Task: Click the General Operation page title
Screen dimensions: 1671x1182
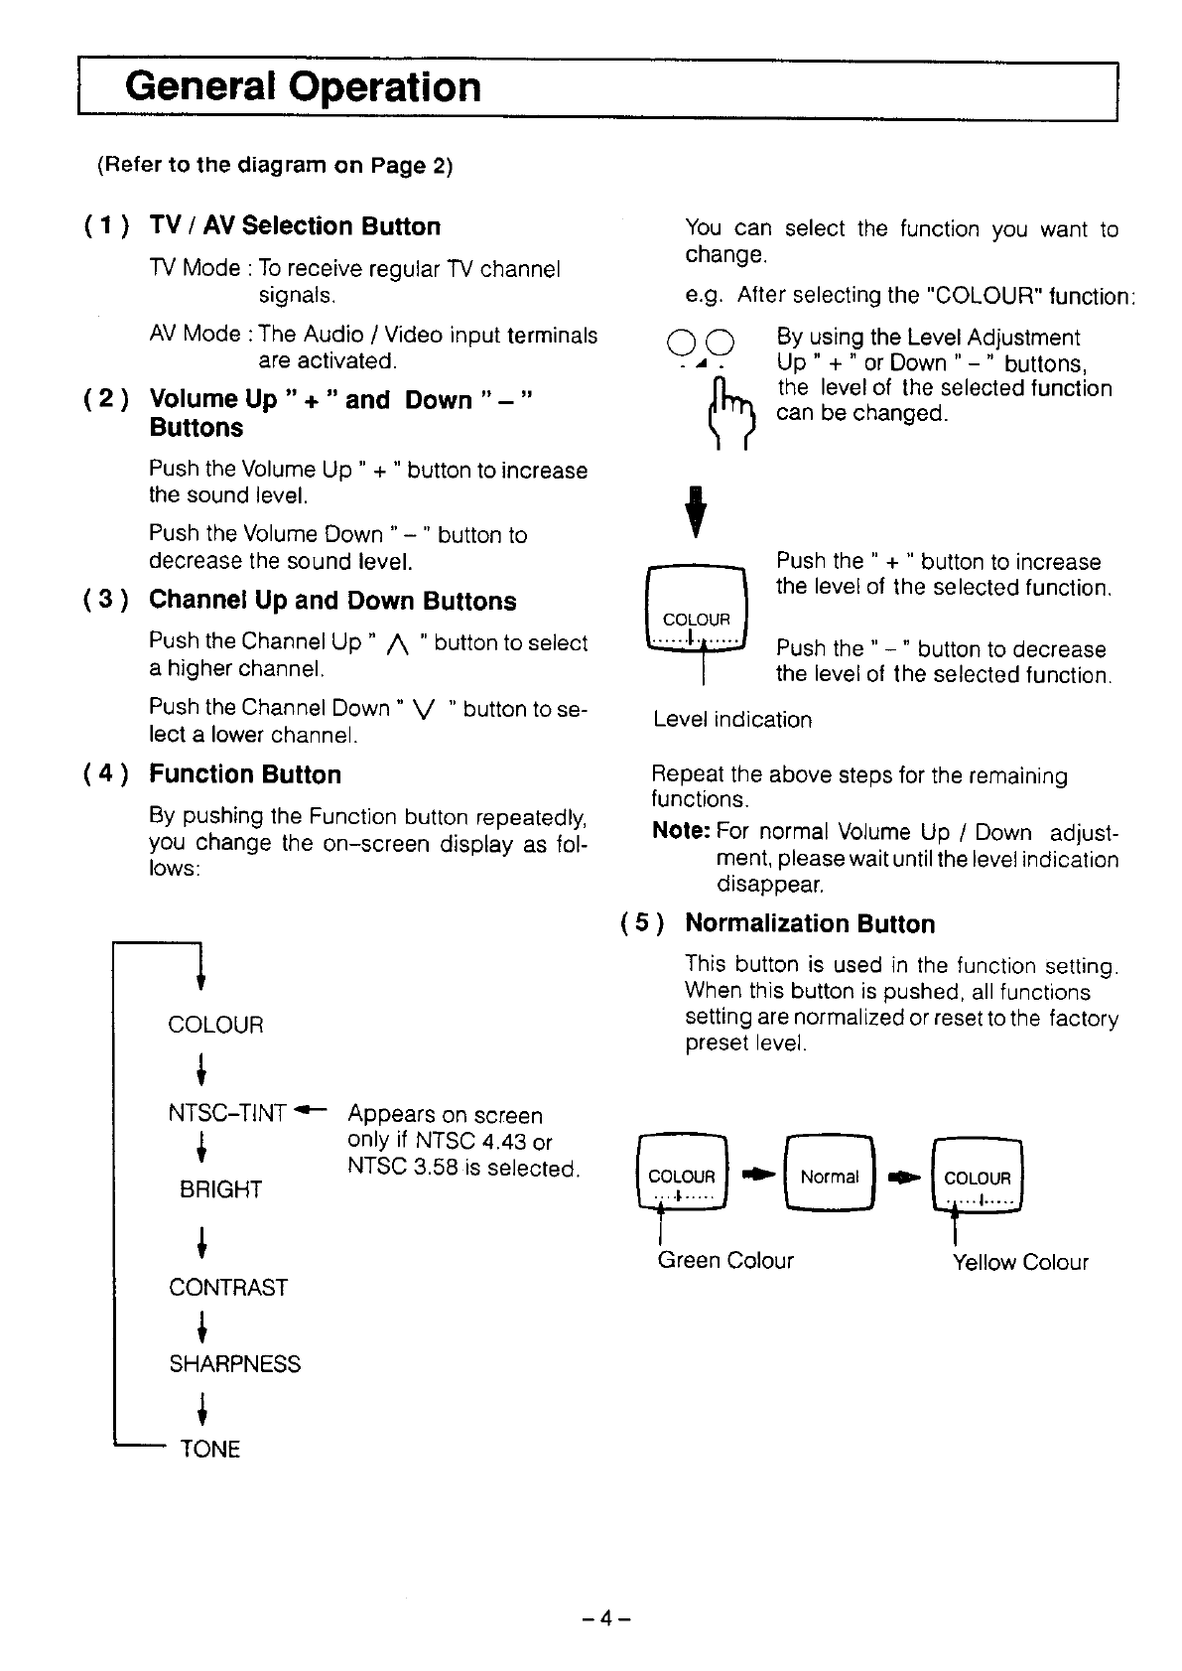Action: pyautogui.click(x=303, y=87)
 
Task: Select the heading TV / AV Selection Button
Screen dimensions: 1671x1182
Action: pyautogui.click(x=295, y=226)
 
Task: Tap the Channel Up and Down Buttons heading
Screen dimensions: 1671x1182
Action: pyautogui.click(x=332, y=601)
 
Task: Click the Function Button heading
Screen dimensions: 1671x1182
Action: pyautogui.click(x=245, y=774)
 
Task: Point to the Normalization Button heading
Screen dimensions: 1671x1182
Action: pyautogui.click(x=810, y=924)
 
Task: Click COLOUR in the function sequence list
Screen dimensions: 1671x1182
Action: pyautogui.click(x=216, y=1025)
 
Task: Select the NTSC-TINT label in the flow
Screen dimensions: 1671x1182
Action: pyautogui.click(x=227, y=1114)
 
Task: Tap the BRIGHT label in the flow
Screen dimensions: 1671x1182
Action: pyautogui.click(x=220, y=1189)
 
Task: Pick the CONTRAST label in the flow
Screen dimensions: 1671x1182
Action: pyautogui.click(x=228, y=1288)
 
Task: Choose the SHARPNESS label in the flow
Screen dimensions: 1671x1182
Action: pyautogui.click(x=234, y=1364)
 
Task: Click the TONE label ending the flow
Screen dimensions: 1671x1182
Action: pyautogui.click(x=209, y=1450)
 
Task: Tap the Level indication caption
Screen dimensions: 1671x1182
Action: pyautogui.click(x=732, y=720)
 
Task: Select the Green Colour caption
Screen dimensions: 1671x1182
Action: pyautogui.click(x=725, y=1261)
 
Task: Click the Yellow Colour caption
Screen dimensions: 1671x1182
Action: pyautogui.click(x=1020, y=1263)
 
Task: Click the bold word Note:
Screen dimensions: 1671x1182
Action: pyautogui.click(x=681, y=831)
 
